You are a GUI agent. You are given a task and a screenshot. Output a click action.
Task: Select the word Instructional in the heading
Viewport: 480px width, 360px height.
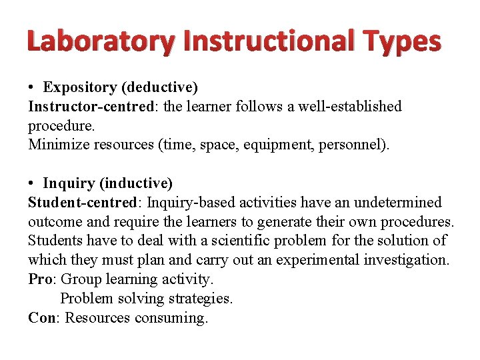click(x=269, y=41)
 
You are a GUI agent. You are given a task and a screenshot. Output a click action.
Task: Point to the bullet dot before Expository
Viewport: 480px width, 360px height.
click(x=32, y=87)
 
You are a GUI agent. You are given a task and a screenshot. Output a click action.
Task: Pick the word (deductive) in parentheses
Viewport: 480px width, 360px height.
click(x=165, y=87)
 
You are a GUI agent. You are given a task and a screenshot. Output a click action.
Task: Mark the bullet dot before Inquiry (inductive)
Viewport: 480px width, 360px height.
click(x=32, y=183)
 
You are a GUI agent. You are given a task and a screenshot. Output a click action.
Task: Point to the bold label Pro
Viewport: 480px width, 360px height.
click(x=39, y=279)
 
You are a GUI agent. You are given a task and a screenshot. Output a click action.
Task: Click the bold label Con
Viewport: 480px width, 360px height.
click(x=41, y=318)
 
